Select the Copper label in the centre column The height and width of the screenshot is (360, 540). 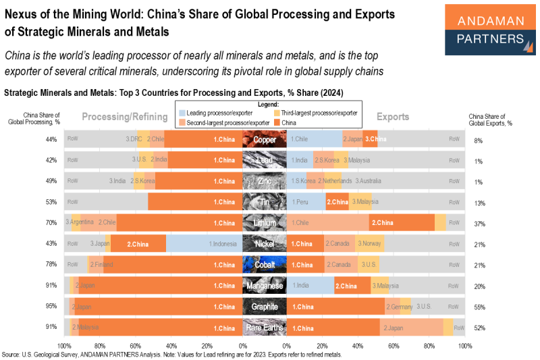[265, 140]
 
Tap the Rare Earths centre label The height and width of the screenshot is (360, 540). [265, 328]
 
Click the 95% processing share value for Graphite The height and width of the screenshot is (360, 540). [51, 307]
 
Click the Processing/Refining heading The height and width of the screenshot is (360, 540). [124, 117]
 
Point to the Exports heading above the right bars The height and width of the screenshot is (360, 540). [392, 117]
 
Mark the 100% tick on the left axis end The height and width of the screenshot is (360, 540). [65, 345]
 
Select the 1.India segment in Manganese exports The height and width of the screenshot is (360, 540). [310, 286]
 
